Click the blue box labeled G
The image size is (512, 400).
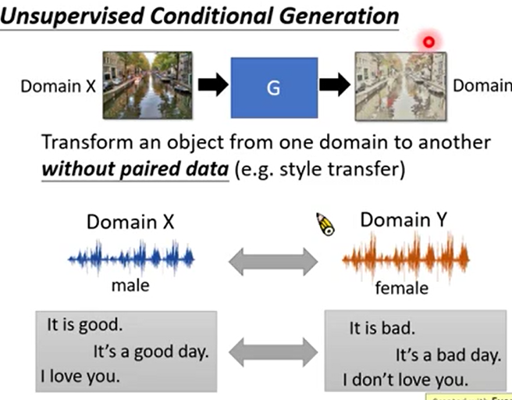272,86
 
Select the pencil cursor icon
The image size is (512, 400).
325,223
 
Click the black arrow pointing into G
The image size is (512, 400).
211,86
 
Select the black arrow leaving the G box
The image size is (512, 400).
334,86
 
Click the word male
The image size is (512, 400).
130,286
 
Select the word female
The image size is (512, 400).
402,288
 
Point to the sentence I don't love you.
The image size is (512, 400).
405,380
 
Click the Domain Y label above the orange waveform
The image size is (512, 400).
404,221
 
